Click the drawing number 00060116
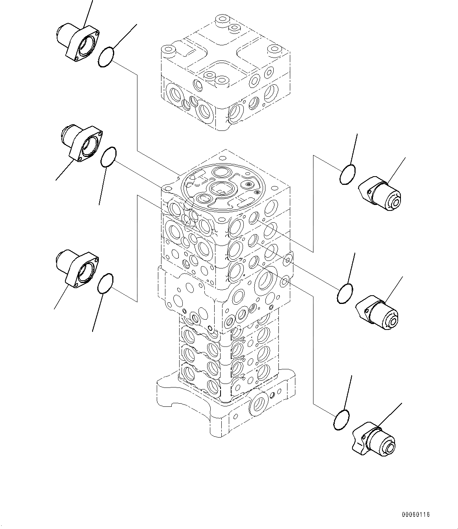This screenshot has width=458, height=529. click(x=415, y=515)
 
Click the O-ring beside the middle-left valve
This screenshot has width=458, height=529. click(x=108, y=157)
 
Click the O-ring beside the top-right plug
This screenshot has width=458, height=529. click(x=347, y=175)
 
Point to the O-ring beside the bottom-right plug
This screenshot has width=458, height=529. click(x=341, y=420)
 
